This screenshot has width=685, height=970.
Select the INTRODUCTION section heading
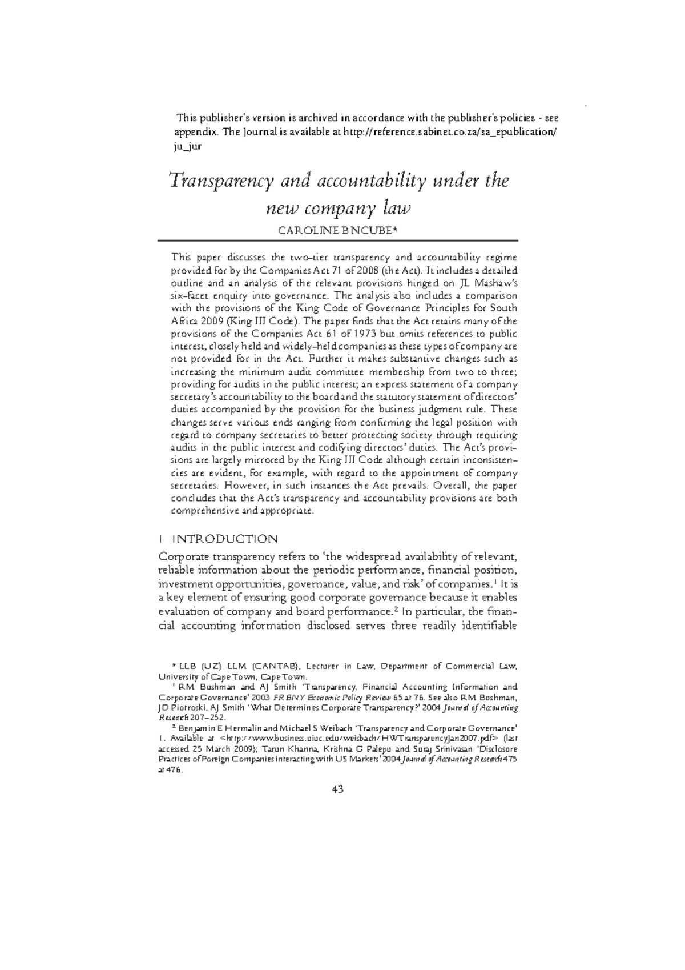(x=225, y=539)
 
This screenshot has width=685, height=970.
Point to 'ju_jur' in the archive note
(x=187, y=146)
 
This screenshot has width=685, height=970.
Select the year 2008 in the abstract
(x=365, y=270)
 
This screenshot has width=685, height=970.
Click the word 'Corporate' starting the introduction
(x=183, y=557)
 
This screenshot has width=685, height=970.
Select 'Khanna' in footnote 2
(x=303, y=748)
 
